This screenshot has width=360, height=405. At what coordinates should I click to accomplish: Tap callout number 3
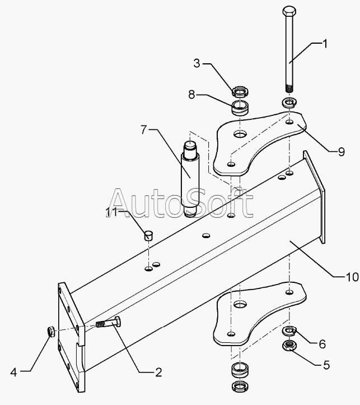click(196, 63)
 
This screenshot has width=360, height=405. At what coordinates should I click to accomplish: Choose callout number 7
click(146, 130)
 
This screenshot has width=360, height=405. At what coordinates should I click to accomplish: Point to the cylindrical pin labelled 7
click(189, 176)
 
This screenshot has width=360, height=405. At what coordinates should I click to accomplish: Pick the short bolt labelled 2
click(110, 324)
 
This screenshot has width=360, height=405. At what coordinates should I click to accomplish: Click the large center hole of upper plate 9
click(240, 134)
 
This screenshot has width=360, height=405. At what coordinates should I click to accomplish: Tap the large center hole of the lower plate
click(241, 305)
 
